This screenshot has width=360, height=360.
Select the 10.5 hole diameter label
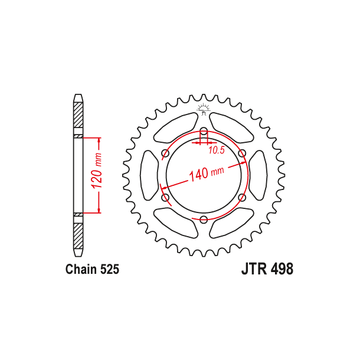tap(217, 150)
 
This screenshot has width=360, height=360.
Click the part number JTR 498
tap(267, 269)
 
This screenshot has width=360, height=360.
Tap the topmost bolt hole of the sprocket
tap(203, 131)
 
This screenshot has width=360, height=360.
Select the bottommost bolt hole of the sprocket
tap(203, 220)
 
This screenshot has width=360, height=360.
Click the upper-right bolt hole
tap(241, 153)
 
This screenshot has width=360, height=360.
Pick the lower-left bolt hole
tap(165, 198)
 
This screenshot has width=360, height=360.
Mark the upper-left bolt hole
tap(165, 154)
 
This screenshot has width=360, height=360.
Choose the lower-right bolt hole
tap(241, 198)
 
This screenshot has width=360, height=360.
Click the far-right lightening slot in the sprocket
tap(258, 175)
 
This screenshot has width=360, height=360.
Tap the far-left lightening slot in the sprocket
tap(148, 175)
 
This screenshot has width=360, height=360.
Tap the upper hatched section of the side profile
tap(78, 117)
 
